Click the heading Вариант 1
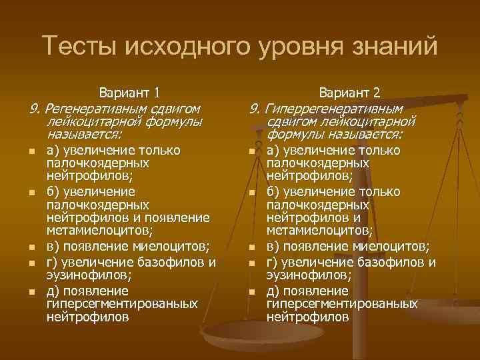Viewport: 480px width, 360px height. tap(128, 93)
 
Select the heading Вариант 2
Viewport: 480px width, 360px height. tap(349, 93)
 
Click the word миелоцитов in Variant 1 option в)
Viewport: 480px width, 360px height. tap(176, 245)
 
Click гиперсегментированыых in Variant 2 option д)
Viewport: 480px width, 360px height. tap(342, 304)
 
